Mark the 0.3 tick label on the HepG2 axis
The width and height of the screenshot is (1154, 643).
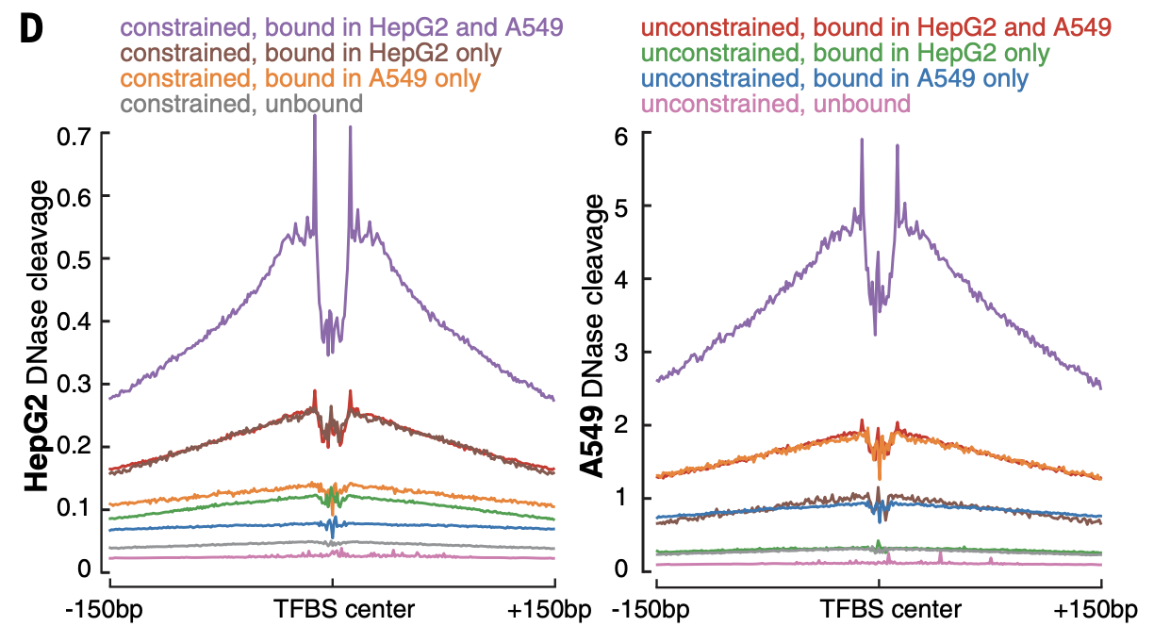74,384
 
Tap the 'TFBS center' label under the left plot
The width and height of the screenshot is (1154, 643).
344,609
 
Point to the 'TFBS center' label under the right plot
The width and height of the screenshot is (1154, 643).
891,609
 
